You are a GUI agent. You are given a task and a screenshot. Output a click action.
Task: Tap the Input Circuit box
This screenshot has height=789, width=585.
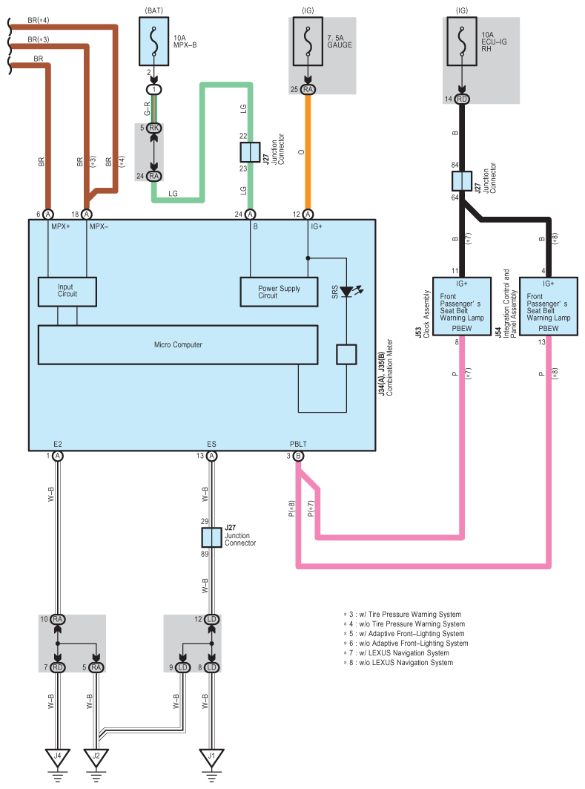[x=67, y=291]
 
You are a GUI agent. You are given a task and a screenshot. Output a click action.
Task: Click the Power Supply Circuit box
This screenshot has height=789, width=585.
[x=279, y=291]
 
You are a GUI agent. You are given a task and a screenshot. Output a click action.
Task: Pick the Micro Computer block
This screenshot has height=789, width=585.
[x=178, y=344]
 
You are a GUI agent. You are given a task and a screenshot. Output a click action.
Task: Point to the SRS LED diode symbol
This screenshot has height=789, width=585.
[x=347, y=292]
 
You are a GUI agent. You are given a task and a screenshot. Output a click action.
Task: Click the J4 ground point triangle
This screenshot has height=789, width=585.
[x=57, y=758]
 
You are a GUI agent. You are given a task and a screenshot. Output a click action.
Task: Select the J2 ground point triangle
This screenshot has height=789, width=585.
[x=96, y=758]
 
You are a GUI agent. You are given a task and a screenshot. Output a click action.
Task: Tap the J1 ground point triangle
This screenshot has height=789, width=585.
[x=211, y=758]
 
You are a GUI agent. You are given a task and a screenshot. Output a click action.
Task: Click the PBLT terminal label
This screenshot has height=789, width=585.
[x=299, y=444]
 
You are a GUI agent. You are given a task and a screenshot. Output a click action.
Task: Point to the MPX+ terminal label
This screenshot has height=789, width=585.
[x=60, y=226]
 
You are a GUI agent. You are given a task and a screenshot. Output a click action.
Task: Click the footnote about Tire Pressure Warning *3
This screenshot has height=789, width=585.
[x=402, y=615]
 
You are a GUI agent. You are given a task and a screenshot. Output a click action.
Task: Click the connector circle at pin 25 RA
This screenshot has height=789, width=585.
[x=308, y=90]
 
